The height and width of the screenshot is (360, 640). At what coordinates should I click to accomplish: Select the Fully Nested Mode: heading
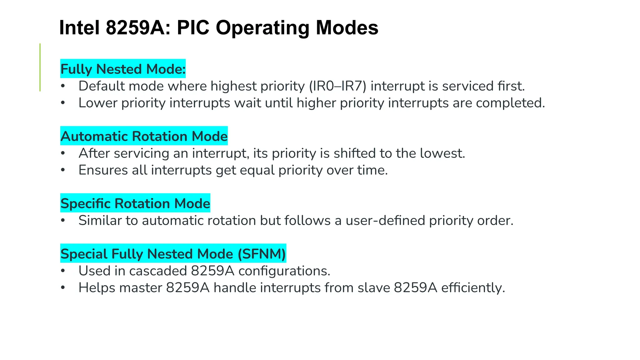tap(123, 69)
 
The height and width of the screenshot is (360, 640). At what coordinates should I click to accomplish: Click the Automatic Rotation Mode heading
tap(144, 136)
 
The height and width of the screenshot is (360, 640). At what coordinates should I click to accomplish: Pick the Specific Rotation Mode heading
tap(135, 203)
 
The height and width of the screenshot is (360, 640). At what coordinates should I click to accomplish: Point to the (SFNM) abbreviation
tap(262, 253)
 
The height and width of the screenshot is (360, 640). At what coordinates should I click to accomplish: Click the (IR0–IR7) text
tap(337, 86)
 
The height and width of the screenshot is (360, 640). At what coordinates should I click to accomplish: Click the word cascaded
tap(158, 271)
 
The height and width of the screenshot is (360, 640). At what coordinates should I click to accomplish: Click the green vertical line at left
tap(40, 67)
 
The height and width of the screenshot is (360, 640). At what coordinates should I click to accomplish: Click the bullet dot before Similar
tap(63, 220)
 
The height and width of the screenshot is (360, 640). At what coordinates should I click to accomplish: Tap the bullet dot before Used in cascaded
tap(63, 271)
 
